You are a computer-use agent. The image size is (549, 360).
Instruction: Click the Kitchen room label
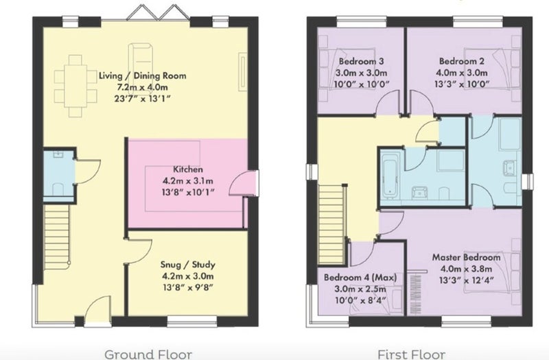tap(187, 169)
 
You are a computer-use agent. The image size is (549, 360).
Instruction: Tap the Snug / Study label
tap(187, 265)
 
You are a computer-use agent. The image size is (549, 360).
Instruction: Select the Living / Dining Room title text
tap(143, 75)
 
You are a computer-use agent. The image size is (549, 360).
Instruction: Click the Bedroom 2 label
tap(462, 61)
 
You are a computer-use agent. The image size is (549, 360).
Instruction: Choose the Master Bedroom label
tap(467, 257)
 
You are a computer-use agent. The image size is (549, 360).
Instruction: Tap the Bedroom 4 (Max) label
tap(360, 278)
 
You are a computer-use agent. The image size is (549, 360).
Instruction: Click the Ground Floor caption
tap(148, 354)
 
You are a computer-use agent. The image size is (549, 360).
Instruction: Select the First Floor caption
tap(411, 354)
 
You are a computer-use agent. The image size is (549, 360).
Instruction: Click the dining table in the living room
tap(75, 86)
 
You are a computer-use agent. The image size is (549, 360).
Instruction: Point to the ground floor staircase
tap(57, 237)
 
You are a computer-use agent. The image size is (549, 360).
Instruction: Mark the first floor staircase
tap(332, 224)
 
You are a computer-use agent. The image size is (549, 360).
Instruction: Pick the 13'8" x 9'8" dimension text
tap(188, 287)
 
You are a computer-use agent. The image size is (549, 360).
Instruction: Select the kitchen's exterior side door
tap(244, 183)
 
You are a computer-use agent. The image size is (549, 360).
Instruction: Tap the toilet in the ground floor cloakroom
tap(58, 189)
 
